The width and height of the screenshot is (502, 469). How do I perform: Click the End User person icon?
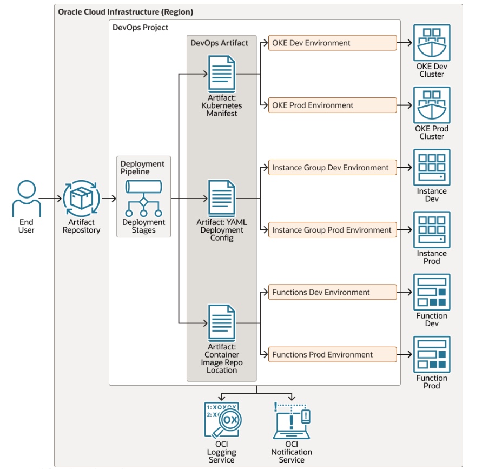coord(26,199)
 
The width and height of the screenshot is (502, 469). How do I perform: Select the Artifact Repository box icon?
coord(81,199)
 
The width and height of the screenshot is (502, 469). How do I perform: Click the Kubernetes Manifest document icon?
coord(222,74)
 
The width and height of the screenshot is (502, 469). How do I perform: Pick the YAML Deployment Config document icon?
coord(222,199)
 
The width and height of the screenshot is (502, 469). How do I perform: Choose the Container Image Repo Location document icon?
coord(222,323)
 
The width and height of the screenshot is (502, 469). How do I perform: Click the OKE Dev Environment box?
coord(332,43)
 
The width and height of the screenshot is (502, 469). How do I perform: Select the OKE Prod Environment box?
coord(332,105)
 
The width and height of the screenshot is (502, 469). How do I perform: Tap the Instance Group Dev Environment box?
coord(332,168)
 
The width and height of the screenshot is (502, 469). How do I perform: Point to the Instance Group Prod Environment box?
coord(332,230)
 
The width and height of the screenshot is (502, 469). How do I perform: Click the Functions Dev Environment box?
coord(332,293)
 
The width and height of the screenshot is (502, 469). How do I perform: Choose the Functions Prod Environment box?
coord(332,355)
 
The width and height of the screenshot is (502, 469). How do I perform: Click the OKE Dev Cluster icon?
coord(432,43)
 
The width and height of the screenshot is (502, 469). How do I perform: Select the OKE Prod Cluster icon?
coord(432,105)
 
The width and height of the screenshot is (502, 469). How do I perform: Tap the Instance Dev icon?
coord(432,168)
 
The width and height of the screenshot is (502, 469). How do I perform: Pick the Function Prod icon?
coord(432,354)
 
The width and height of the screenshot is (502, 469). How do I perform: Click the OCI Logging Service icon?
coord(222,420)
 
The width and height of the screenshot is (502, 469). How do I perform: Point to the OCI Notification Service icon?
coord(292,420)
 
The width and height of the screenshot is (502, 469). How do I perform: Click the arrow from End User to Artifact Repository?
coord(51,199)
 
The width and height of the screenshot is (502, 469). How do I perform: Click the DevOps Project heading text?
coord(140,28)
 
